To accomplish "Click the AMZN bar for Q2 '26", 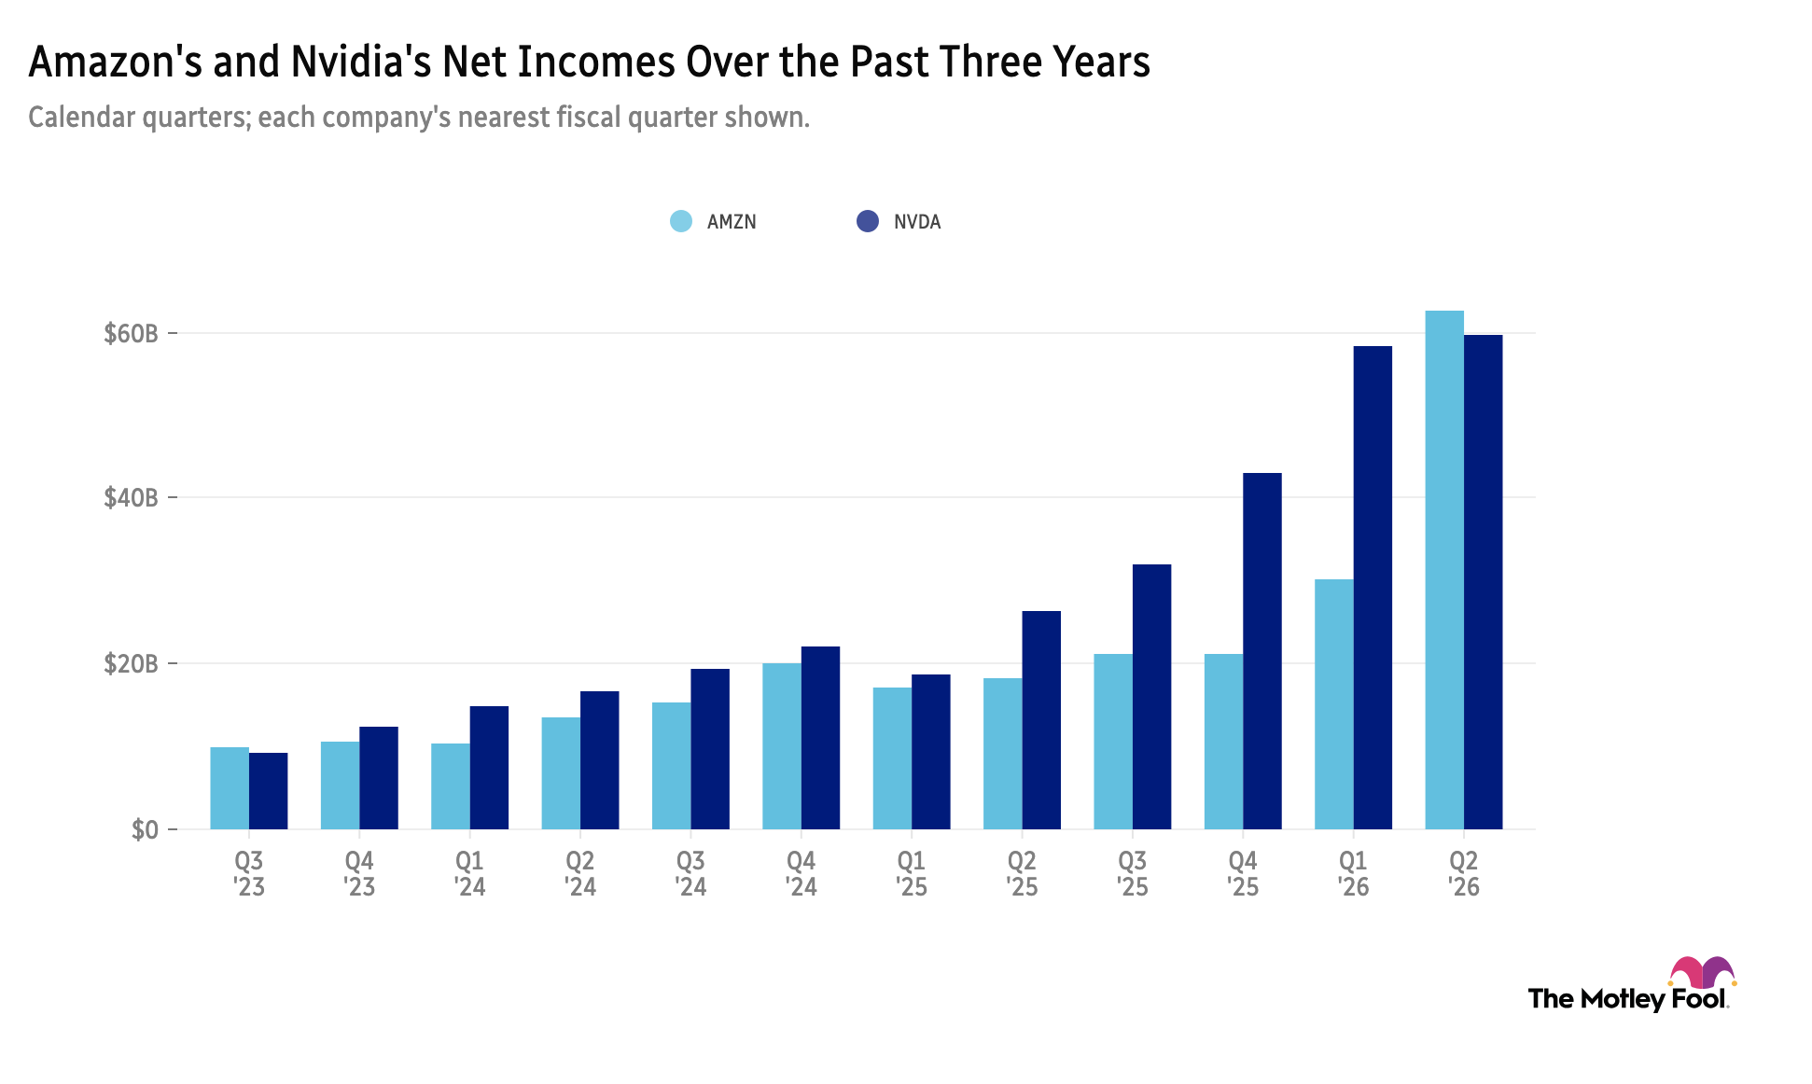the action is pyautogui.click(x=1444, y=570).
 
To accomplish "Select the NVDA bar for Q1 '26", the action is pyautogui.click(x=1373, y=588).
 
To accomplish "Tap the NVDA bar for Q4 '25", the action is pyautogui.click(x=1262, y=651).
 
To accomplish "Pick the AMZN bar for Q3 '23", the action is pyautogui.click(x=230, y=788).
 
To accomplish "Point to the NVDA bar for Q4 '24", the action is pyautogui.click(x=820, y=738).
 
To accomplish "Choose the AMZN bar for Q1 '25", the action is pyautogui.click(x=893, y=758).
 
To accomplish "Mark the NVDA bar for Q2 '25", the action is pyautogui.click(x=1041, y=720).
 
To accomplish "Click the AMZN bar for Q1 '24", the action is pyautogui.click(x=451, y=786).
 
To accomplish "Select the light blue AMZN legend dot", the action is pyautogui.click(x=681, y=221).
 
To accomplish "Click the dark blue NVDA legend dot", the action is pyautogui.click(x=868, y=221).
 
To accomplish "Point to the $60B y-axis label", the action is pyautogui.click(x=130, y=333).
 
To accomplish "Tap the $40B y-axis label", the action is pyautogui.click(x=130, y=497).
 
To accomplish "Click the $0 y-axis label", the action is pyautogui.click(x=145, y=829).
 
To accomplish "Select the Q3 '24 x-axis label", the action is pyautogui.click(x=690, y=873).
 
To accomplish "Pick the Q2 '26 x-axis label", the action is pyautogui.click(x=1464, y=873).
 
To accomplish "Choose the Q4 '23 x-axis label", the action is pyautogui.click(x=359, y=873).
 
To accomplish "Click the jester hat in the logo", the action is pyautogui.click(x=1703, y=972).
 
